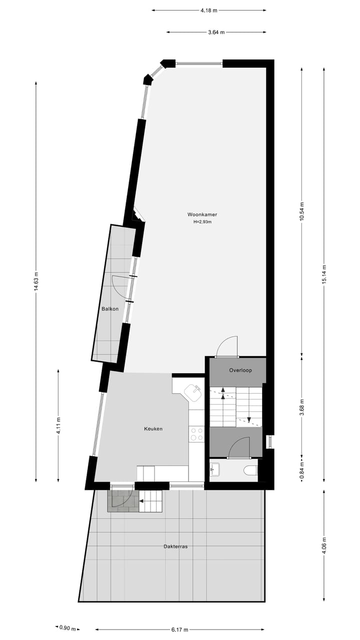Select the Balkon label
point(110,308)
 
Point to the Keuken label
point(153,428)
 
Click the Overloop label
point(240,370)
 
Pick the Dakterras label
point(175,546)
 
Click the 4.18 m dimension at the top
point(208,10)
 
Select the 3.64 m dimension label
point(216,32)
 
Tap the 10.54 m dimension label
point(301,211)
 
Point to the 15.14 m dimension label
point(324,274)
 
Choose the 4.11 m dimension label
point(58,425)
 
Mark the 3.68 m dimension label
point(301,405)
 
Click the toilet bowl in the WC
point(250,470)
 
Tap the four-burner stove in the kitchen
point(196,433)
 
